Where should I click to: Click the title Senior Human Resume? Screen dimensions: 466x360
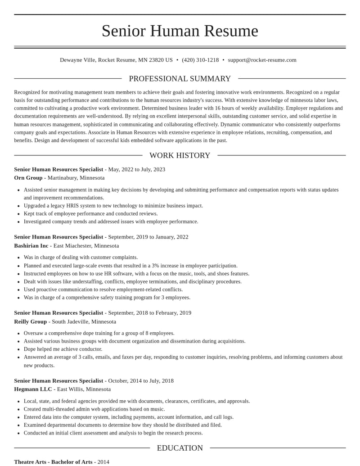click(x=180, y=31)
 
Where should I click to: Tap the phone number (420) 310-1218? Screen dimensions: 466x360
click(x=200, y=60)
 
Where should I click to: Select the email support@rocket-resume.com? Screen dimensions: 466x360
click(x=262, y=60)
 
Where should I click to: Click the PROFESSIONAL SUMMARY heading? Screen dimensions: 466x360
click(x=180, y=79)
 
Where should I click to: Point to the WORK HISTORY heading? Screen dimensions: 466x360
click(x=180, y=155)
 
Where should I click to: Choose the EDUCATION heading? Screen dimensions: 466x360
click(x=180, y=448)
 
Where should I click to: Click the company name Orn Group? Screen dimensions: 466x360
click(x=28, y=178)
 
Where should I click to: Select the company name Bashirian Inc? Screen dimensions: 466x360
click(x=31, y=246)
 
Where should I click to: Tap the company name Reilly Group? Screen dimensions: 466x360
click(x=31, y=321)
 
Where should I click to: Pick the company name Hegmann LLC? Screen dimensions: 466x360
click(x=33, y=389)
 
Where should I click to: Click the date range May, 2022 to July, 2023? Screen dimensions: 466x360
click(x=137, y=169)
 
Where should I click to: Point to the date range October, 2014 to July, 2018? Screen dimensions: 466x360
click(x=141, y=381)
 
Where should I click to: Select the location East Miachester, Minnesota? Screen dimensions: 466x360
click(x=86, y=246)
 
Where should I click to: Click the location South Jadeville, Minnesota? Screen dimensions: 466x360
click(x=84, y=321)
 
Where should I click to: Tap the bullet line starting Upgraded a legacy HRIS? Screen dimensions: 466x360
click(x=113, y=206)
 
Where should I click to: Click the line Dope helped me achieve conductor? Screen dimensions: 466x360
click(x=63, y=349)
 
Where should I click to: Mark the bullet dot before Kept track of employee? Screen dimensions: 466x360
click(x=18, y=214)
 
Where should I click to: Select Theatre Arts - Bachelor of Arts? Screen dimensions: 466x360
click(x=53, y=462)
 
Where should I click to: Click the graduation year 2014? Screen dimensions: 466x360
click(x=103, y=462)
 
